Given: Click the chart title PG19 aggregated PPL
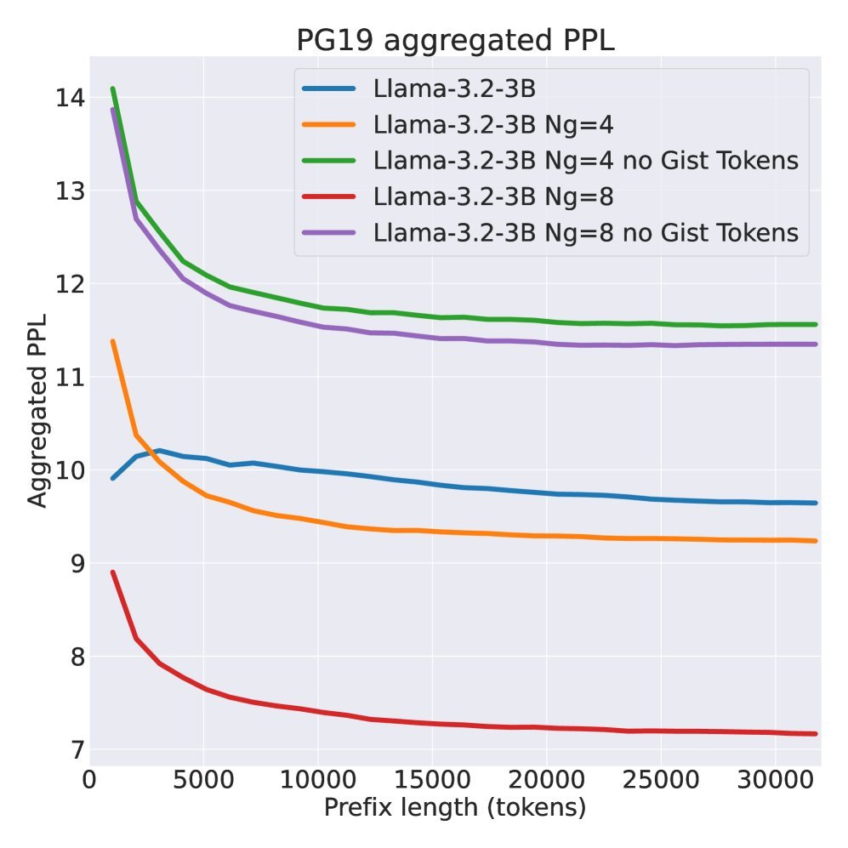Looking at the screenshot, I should click(x=455, y=41).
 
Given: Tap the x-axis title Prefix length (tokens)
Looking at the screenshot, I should click(x=455, y=807).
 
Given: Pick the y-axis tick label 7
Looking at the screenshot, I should click(x=77, y=749).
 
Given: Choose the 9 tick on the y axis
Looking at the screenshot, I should click(x=77, y=563).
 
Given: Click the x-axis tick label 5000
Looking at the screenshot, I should click(x=203, y=779).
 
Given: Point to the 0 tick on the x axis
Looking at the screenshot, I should click(x=89, y=779).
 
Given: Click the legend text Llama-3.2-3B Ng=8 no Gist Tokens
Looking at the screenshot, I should click(x=586, y=232).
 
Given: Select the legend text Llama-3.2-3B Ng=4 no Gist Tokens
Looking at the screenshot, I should click(x=586, y=160).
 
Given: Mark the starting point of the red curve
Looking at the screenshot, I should click(x=112, y=572).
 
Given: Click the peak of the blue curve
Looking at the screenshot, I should click(x=158, y=450).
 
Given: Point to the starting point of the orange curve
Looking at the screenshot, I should click(x=112, y=341).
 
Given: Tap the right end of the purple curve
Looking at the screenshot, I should click(x=816, y=344).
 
